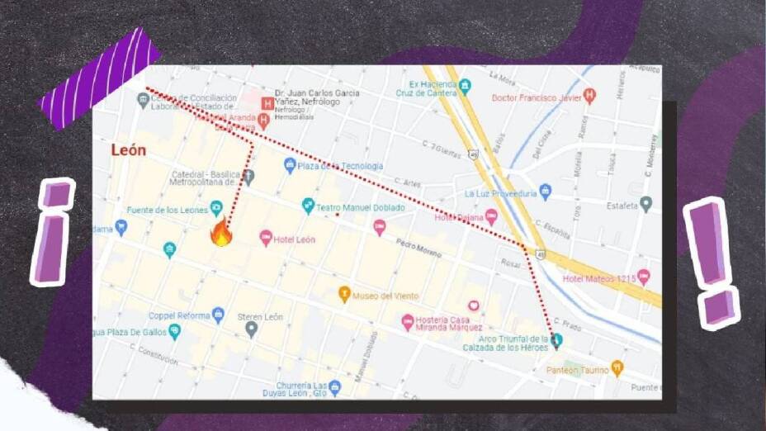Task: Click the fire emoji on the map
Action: coord(220,233)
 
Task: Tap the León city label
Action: coord(129,150)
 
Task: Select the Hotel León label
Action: coord(295,239)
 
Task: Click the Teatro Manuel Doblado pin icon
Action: coord(308,206)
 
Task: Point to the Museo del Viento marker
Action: coord(344,295)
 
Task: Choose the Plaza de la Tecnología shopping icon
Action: coord(290,166)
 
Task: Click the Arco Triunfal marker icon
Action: coord(556,340)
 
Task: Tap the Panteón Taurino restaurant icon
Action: coord(617,368)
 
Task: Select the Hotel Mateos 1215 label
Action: coord(599,279)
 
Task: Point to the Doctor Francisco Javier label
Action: coord(536,97)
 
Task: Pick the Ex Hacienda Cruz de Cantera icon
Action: coord(465,85)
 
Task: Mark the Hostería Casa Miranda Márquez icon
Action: coord(407,321)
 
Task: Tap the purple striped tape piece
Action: coord(101,78)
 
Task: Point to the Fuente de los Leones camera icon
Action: coord(216,207)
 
